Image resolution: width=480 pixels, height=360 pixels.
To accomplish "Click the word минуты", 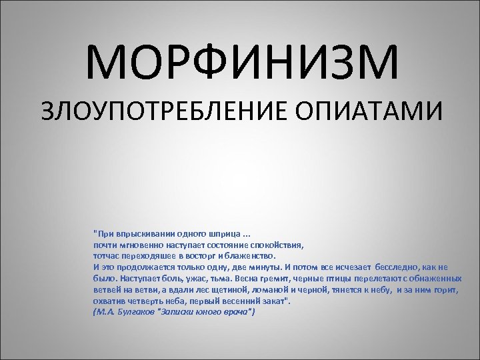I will point(256,267).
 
